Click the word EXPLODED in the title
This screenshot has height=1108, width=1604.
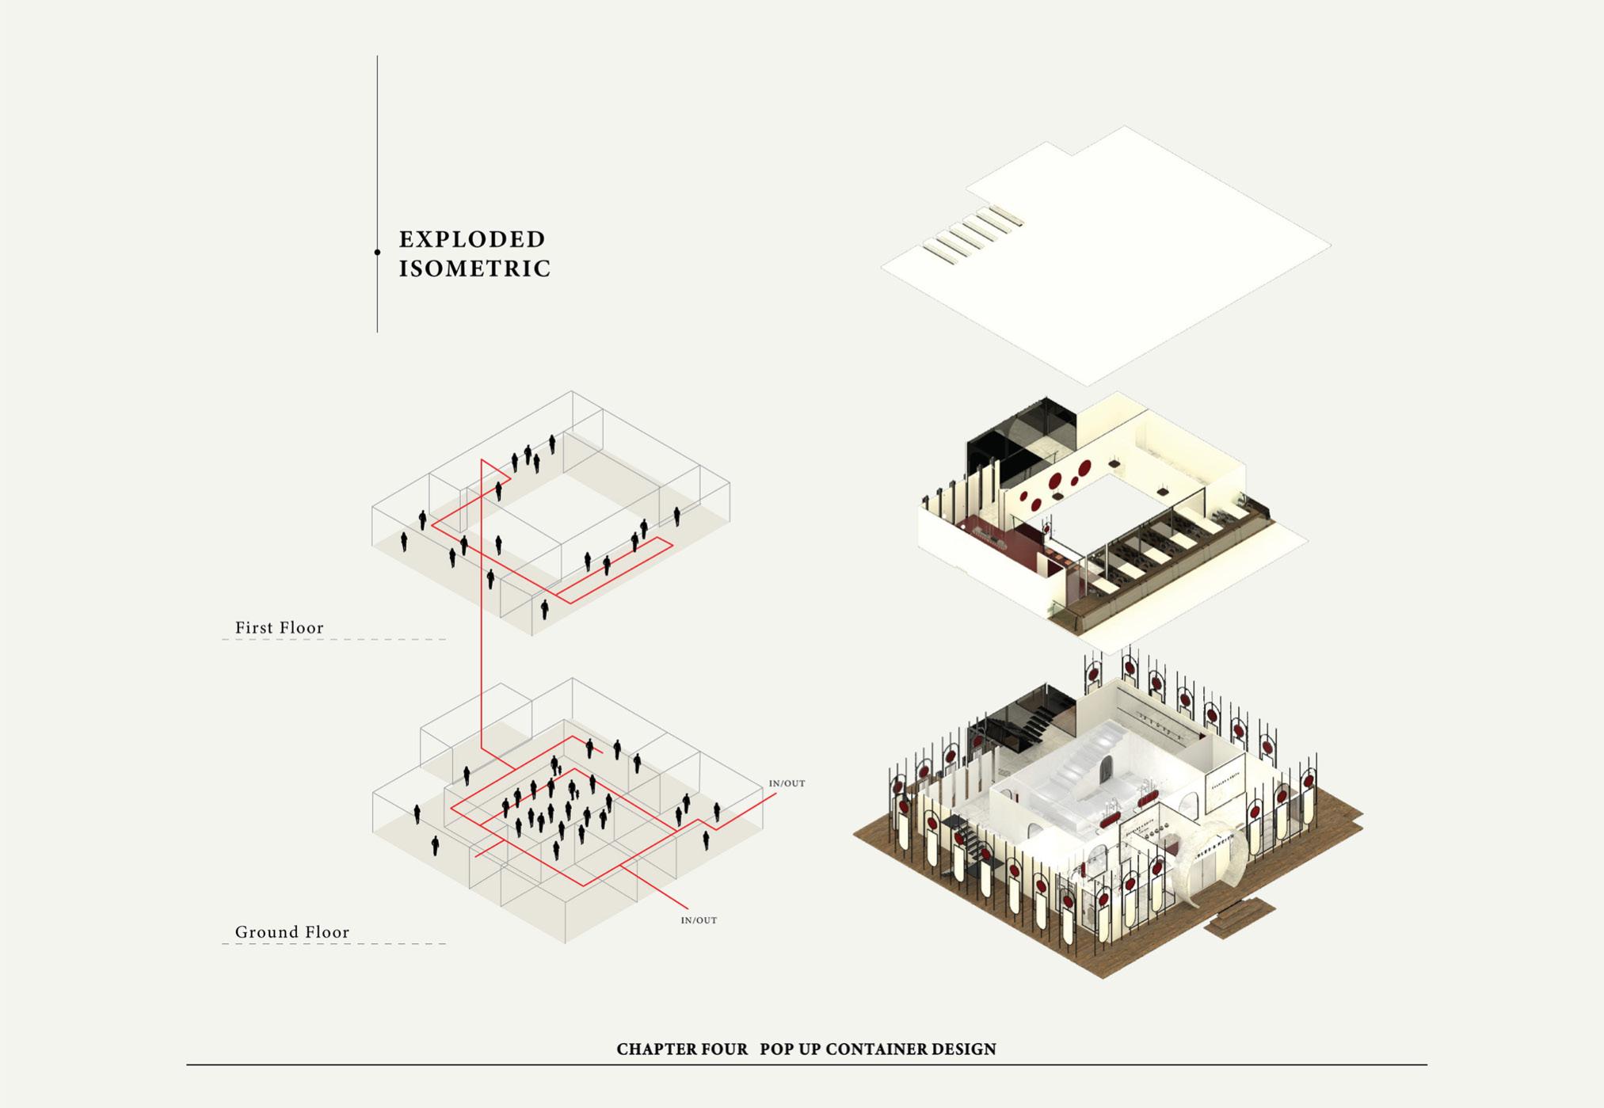pyautogui.click(x=472, y=239)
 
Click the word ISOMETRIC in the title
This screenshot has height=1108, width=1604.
pyautogui.click(x=474, y=269)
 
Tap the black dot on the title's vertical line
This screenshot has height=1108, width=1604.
pyautogui.click(x=377, y=253)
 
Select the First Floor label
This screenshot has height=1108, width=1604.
pyautogui.click(x=280, y=628)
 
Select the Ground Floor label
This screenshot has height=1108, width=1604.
pyautogui.click(x=292, y=932)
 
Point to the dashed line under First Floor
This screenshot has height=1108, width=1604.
pyautogui.click(x=333, y=639)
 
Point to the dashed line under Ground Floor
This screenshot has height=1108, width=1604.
pyautogui.click(x=333, y=944)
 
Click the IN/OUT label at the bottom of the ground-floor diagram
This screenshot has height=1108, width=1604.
pyautogui.click(x=699, y=920)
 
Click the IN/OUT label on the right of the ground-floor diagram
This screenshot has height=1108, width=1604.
pyautogui.click(x=787, y=783)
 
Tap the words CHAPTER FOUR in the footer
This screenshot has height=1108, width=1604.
pyautogui.click(x=682, y=1049)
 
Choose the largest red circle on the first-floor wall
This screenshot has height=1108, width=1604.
pyautogui.click(x=1084, y=469)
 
